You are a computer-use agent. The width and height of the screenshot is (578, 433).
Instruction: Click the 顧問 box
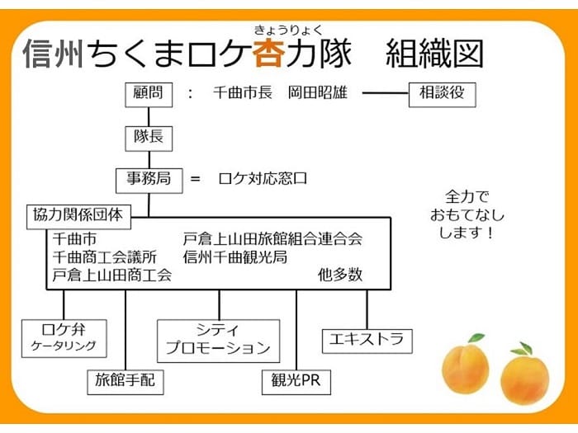pos(149,93)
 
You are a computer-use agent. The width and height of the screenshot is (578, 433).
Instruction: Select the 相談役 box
pos(443,93)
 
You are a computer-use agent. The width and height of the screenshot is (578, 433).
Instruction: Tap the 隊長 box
pos(149,137)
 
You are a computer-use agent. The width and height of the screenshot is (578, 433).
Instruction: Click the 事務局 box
pos(149,177)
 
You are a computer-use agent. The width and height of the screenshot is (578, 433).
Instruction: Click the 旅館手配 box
pos(125,380)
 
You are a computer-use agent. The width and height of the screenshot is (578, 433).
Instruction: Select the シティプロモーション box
pos(218,339)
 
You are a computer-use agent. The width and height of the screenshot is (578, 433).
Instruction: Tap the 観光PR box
pos(296,380)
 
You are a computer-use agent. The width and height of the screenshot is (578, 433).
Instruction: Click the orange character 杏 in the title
pos(270,53)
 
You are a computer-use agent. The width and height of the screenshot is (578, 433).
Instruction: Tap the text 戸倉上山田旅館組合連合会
pos(272,239)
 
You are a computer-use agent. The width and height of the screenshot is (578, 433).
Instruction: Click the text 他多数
pos(339,275)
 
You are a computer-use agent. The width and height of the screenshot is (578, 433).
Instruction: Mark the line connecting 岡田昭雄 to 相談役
pos(385,93)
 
